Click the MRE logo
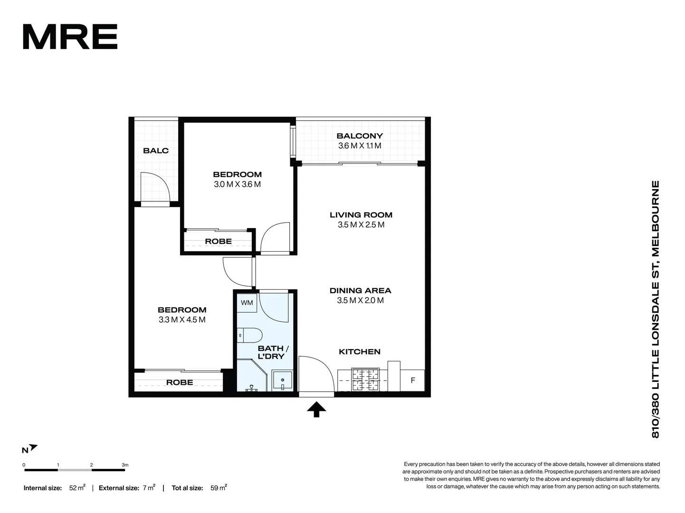(x=70, y=37)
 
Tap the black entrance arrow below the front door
(x=316, y=409)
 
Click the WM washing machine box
(x=247, y=303)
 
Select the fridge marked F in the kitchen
(x=412, y=380)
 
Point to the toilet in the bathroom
(x=250, y=336)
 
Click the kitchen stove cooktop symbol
(x=365, y=380)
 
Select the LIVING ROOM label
(x=361, y=215)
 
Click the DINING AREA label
(x=360, y=290)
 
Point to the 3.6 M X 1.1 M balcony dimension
(x=360, y=146)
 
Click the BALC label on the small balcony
(x=156, y=151)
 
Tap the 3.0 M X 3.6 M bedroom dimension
(x=237, y=184)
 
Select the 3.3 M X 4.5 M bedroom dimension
(x=182, y=320)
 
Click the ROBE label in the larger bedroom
(x=180, y=382)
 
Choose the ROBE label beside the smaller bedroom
(x=219, y=241)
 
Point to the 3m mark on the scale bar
(x=125, y=465)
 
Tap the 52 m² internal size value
(x=77, y=488)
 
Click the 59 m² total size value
(x=219, y=488)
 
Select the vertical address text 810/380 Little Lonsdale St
(x=656, y=309)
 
